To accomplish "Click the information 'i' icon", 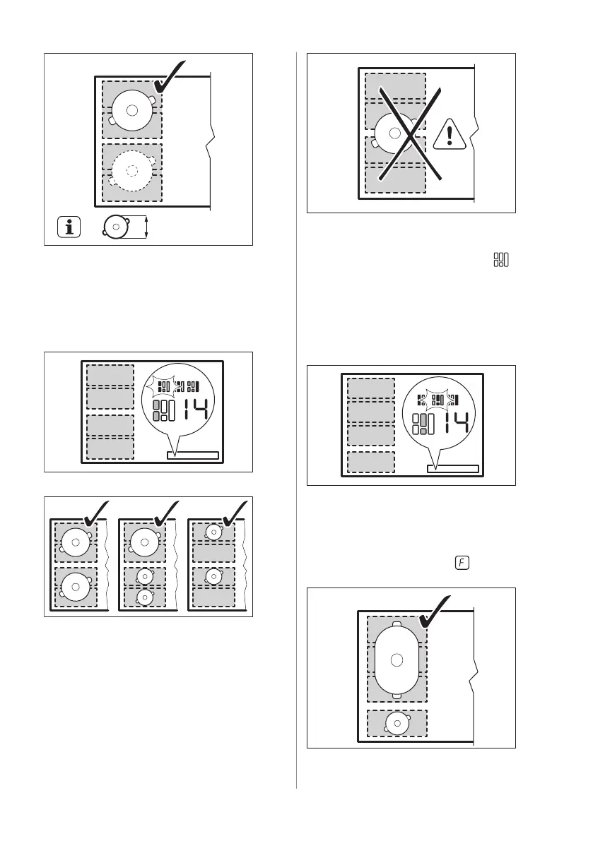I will [69, 227].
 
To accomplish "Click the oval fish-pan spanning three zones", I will [397, 660].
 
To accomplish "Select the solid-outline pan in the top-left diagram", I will [131, 109].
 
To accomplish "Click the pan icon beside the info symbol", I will [114, 227].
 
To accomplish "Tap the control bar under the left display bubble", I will [193, 455].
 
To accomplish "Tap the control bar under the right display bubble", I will [453, 469].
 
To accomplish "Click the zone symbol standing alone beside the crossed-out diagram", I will [501, 260].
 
